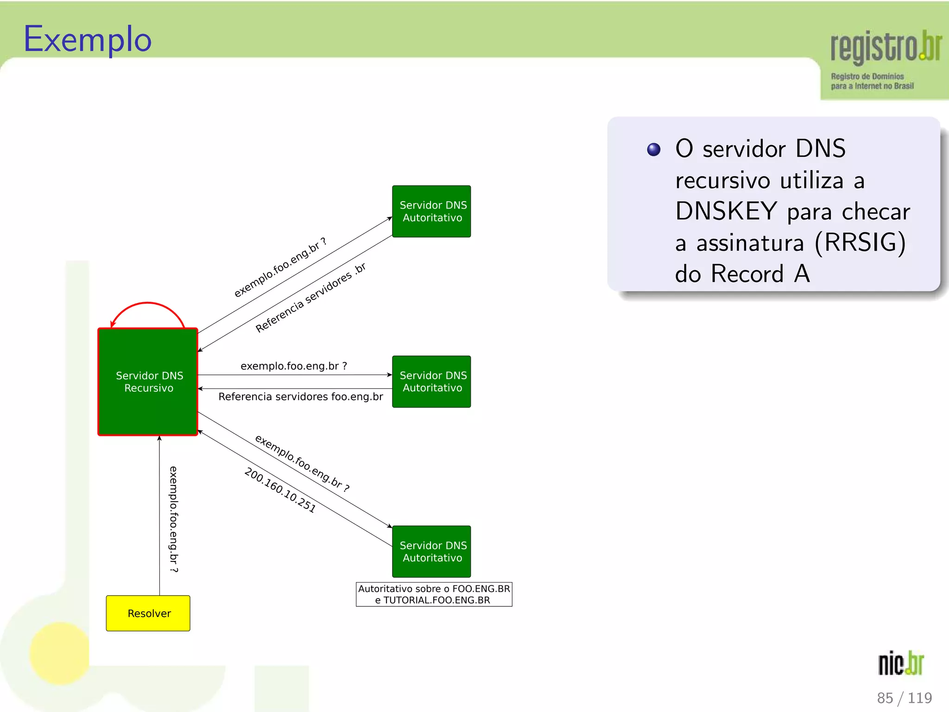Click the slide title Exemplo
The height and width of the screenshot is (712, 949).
tap(88, 40)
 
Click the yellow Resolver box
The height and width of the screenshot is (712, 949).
tap(148, 613)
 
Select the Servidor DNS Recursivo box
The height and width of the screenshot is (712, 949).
tap(148, 381)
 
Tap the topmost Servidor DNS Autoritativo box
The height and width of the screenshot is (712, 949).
tap(431, 211)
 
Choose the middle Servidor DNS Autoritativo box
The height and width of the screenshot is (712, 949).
tap(431, 381)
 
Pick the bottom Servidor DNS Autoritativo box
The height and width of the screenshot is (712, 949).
tap(431, 551)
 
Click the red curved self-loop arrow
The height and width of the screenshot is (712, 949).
tap(147, 304)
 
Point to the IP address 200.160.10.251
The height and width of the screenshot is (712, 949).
tap(280, 490)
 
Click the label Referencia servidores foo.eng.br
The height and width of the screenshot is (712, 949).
tap(301, 397)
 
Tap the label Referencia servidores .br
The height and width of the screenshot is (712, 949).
tap(310, 298)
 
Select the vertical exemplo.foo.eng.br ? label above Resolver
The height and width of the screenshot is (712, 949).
tap(173, 519)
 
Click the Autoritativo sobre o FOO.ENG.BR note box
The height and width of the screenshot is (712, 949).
tap(434, 594)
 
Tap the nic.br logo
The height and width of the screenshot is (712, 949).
tap(901, 663)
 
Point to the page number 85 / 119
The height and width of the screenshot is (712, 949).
tap(904, 698)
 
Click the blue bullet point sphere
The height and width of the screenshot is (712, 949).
tap(653, 150)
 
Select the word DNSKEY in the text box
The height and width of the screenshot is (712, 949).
tap(726, 211)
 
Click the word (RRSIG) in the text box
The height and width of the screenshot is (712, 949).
tap(860, 242)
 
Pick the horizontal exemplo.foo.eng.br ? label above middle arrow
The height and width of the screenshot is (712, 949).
tap(294, 366)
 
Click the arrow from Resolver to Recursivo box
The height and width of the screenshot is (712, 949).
tap(159, 515)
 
